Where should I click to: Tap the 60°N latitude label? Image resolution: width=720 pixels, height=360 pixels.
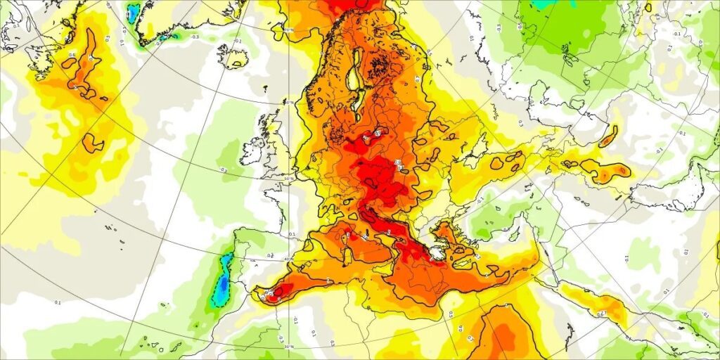tap(289, 103)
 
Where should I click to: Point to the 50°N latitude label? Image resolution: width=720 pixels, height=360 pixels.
tap(289, 179)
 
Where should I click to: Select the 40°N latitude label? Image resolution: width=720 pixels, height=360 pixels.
tap(289, 259)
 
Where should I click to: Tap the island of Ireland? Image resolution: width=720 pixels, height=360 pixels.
tap(251, 150)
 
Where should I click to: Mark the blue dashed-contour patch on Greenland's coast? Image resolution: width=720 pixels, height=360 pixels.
tap(133, 12)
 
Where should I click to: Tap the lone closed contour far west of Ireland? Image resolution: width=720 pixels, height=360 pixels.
tap(93, 143)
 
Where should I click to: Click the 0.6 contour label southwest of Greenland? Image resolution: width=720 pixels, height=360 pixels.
tap(72, 54)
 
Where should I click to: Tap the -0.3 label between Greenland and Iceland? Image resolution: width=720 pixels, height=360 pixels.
tap(194, 37)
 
